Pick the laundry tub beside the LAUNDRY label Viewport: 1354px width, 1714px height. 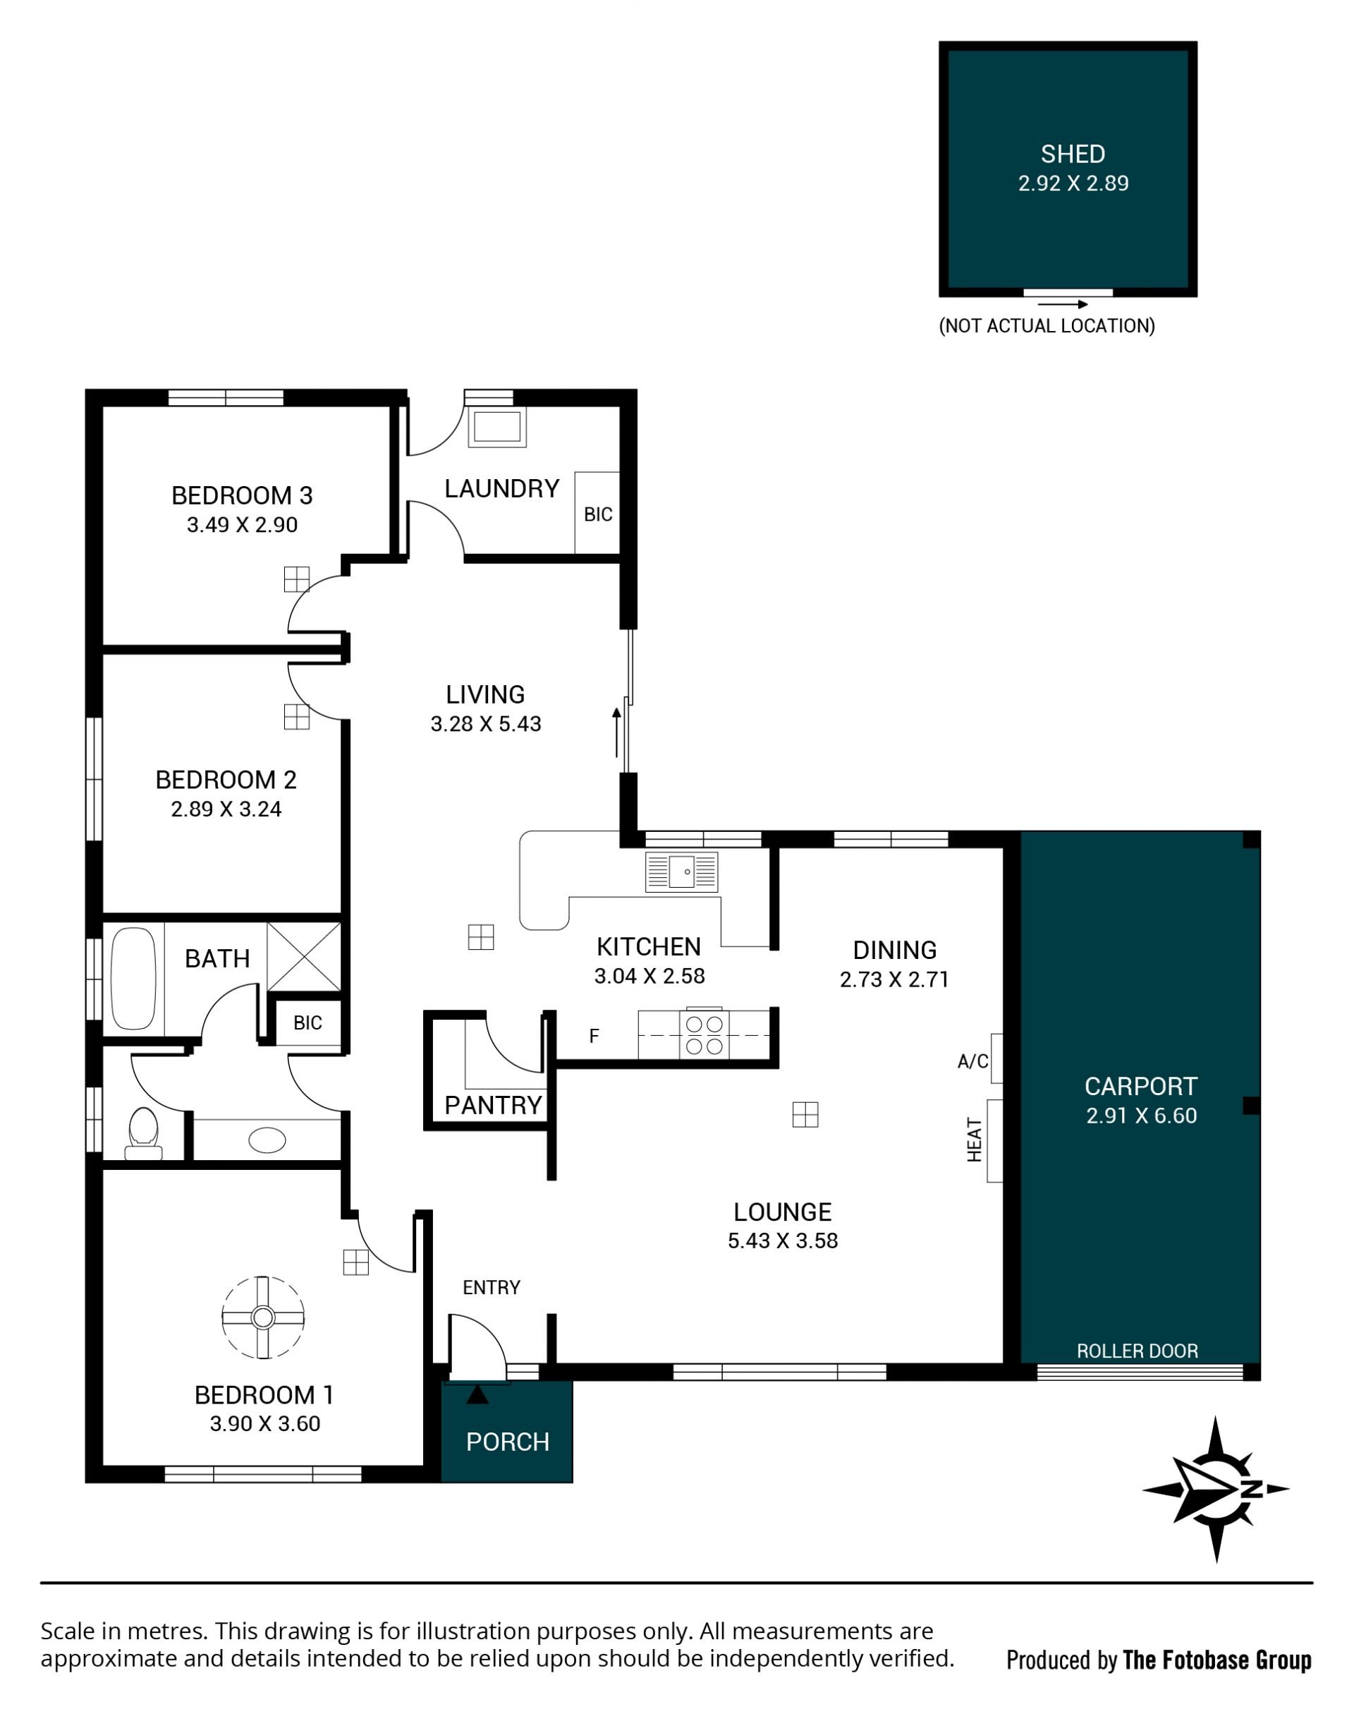tap(497, 427)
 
